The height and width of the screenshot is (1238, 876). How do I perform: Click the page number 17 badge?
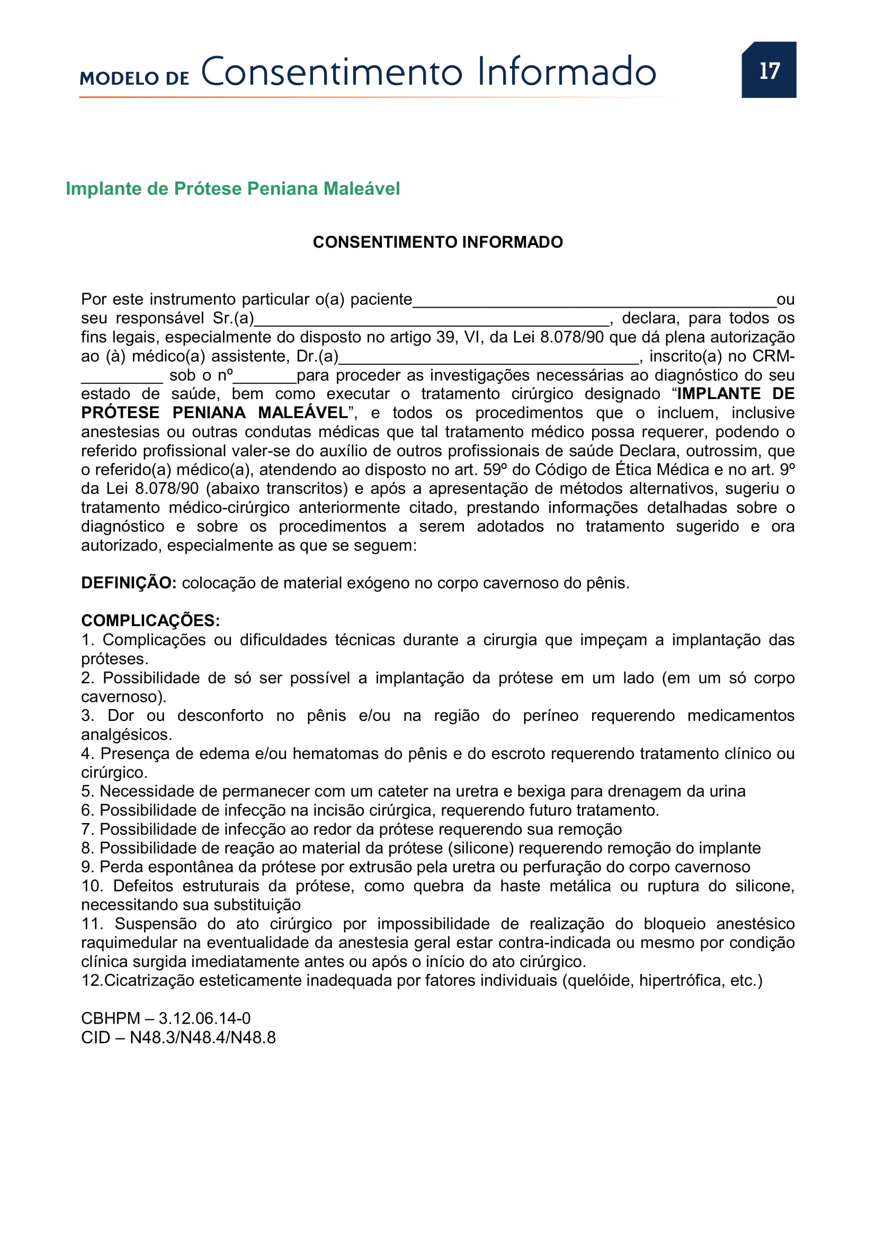pyautogui.click(x=768, y=70)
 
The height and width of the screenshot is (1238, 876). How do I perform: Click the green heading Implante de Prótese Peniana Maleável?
pyautogui.click(x=233, y=189)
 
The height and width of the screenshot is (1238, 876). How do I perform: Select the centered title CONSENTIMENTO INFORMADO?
pyautogui.click(x=437, y=242)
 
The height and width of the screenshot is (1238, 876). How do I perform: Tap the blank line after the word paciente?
pyautogui.click(x=594, y=302)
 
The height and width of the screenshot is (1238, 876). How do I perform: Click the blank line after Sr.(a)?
pyautogui.click(x=432, y=321)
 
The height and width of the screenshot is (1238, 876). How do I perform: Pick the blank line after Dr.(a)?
pyautogui.click(x=488, y=359)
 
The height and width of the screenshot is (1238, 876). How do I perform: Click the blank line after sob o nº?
pyautogui.click(x=264, y=378)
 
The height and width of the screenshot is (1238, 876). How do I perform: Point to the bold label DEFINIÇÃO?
pyautogui.click(x=128, y=583)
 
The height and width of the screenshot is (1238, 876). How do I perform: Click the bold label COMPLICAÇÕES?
pyautogui.click(x=150, y=621)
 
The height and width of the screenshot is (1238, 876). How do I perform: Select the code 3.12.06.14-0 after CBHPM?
pyautogui.click(x=204, y=1018)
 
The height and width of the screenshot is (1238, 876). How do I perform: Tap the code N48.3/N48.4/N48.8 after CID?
pyautogui.click(x=203, y=1037)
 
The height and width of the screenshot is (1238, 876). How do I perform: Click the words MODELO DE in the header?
pyautogui.click(x=135, y=78)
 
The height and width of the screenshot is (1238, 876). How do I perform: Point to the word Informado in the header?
pyautogui.click(x=566, y=71)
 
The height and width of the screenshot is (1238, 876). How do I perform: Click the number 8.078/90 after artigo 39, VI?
pyautogui.click(x=572, y=337)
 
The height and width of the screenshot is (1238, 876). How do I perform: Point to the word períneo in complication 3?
pyautogui.click(x=550, y=716)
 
